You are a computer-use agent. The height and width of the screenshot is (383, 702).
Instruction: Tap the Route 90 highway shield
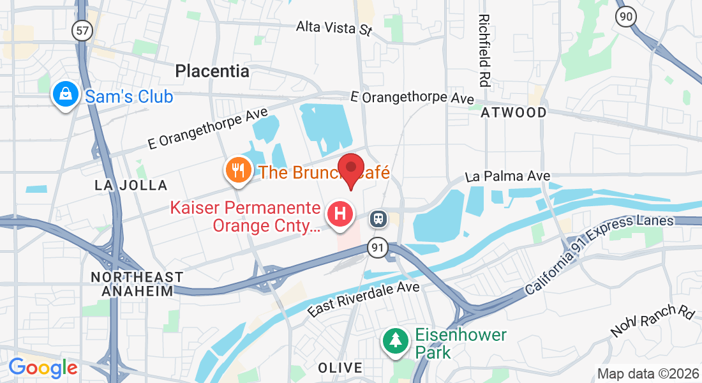point(626,17)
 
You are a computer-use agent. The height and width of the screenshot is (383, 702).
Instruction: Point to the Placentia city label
point(212,71)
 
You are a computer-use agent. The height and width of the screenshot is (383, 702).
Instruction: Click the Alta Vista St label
point(334,27)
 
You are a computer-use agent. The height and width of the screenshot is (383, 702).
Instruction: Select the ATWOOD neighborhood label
point(513,113)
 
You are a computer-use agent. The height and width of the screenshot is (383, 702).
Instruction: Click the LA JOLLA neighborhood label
point(131,185)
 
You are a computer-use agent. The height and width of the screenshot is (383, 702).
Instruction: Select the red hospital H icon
point(340,213)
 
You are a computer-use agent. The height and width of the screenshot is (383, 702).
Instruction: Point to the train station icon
point(378,219)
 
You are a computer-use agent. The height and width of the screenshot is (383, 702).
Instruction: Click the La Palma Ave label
point(507,176)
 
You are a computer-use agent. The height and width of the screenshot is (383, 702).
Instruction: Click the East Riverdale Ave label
point(364,299)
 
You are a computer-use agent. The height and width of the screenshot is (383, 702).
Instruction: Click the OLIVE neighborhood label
point(340,368)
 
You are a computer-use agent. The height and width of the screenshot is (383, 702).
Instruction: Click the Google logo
point(43,368)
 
